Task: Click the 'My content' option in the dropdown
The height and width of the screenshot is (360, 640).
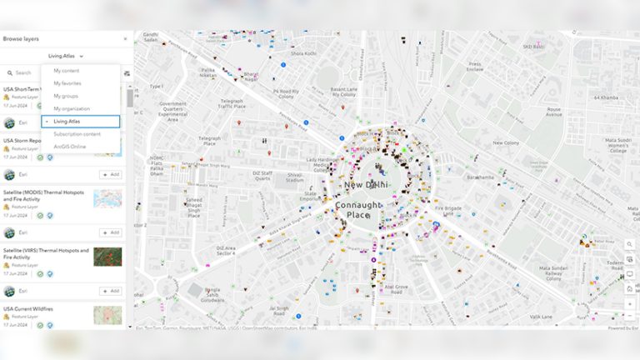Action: tap(67, 71)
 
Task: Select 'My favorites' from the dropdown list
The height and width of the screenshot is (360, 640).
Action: tap(68, 83)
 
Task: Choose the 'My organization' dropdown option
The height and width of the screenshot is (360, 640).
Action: tap(72, 108)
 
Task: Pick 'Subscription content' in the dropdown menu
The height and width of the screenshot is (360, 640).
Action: tap(77, 134)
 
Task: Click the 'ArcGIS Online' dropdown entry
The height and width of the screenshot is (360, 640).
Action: tap(70, 147)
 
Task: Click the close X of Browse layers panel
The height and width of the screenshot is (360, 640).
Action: tap(126, 39)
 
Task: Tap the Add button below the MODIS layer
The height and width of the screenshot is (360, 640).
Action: tap(110, 175)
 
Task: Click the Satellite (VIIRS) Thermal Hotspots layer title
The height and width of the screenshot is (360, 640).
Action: tap(45, 253)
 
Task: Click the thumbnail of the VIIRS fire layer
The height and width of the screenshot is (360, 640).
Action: tap(107, 257)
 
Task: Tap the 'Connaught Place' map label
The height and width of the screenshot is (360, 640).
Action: tap(357, 210)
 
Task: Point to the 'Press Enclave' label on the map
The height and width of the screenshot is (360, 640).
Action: tap(475, 66)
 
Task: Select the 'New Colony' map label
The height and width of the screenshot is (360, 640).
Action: tap(506, 142)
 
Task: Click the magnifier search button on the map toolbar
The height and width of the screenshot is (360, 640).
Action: tap(630, 245)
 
